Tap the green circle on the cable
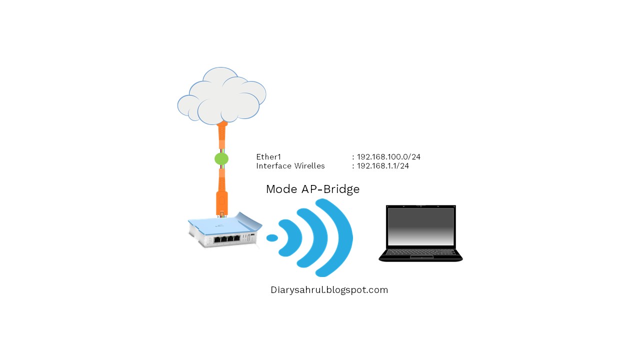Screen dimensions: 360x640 click(221, 159)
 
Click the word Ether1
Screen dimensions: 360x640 click(268, 157)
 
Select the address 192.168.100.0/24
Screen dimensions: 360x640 click(388, 157)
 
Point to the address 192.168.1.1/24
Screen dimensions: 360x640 click(382, 166)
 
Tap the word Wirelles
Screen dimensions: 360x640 click(309, 166)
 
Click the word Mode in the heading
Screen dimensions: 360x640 click(281, 189)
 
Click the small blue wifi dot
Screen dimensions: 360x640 click(272, 238)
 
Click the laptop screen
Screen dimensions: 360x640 click(420, 226)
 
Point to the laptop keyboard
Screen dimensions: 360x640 click(420, 252)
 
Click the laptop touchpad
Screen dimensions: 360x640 click(421, 257)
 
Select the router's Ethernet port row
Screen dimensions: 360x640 click(226, 238)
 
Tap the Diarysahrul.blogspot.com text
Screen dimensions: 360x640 click(329, 290)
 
